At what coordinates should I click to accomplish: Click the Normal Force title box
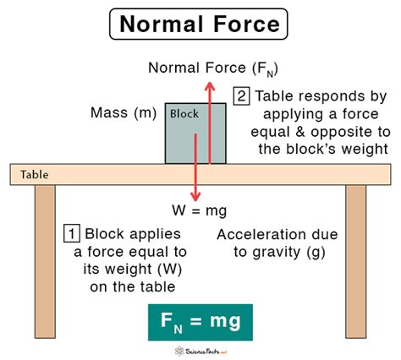coord(200,25)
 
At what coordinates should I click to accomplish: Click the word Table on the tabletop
coord(35,175)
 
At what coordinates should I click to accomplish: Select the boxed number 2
coord(242,96)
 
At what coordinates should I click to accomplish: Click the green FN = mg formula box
coord(200,320)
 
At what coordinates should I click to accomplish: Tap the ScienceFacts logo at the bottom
coord(200,349)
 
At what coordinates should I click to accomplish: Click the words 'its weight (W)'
coord(122,269)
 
